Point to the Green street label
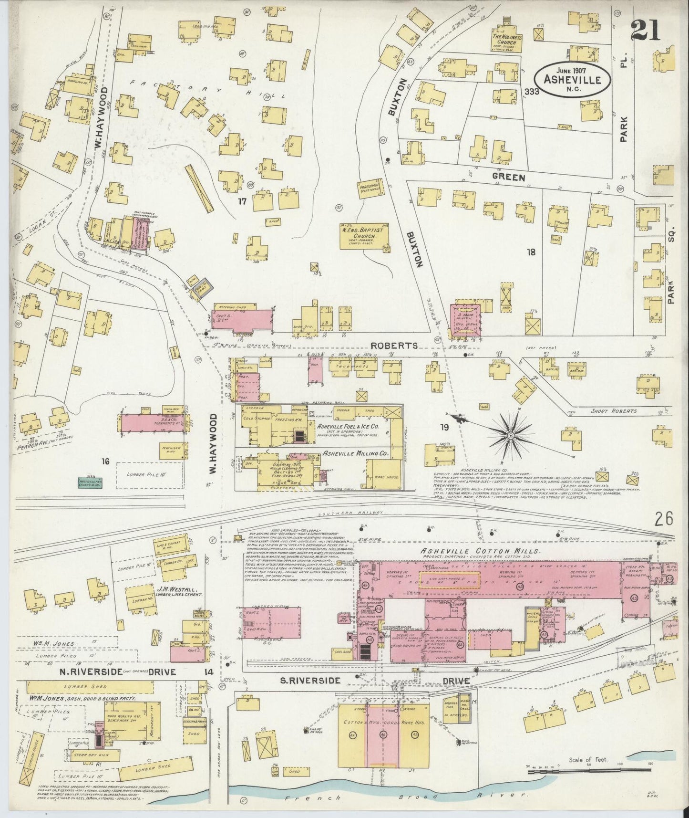[509, 178]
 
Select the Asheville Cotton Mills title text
[480, 551]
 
